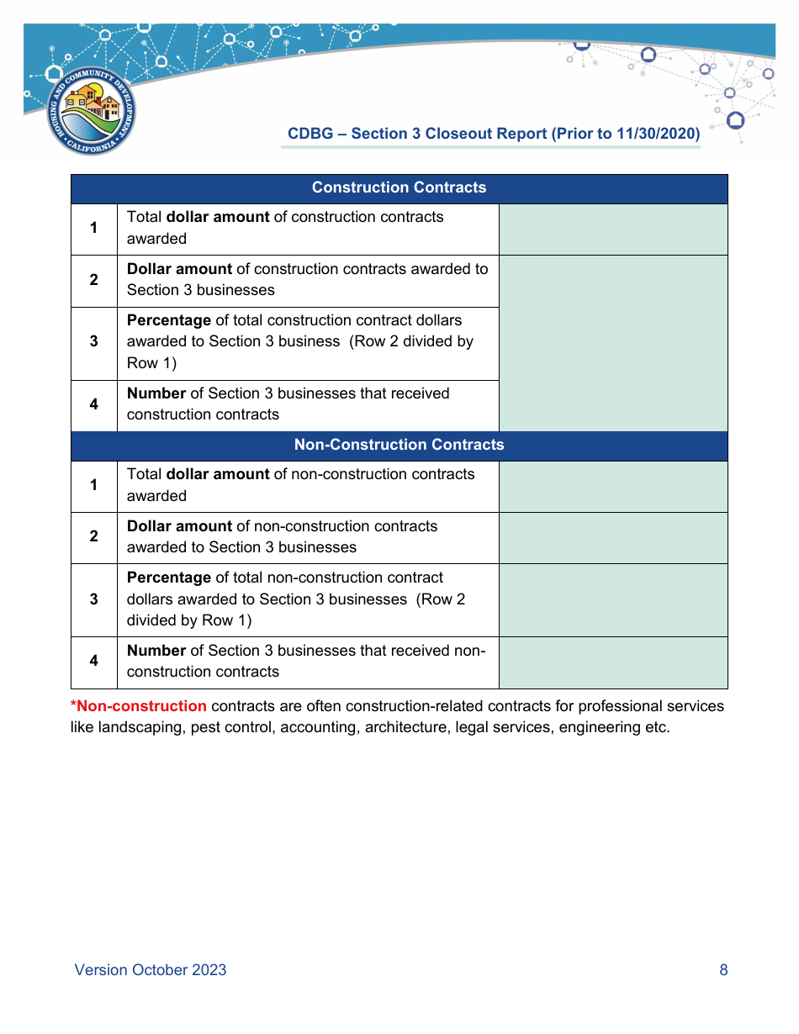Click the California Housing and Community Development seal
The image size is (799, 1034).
point(91,111)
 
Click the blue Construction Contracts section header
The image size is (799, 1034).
point(399,188)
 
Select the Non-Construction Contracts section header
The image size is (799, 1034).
point(399,446)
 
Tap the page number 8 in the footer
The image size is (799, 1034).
point(723,970)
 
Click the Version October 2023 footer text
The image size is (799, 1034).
point(151,970)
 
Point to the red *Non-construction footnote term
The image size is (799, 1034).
point(139,706)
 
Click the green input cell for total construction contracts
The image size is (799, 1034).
point(613,229)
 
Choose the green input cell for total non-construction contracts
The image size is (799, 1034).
point(613,486)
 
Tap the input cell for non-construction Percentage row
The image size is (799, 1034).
point(613,599)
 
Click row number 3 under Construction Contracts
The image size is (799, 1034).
point(94,342)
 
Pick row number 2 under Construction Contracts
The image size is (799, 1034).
point(94,280)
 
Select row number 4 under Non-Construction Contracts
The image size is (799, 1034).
point(94,662)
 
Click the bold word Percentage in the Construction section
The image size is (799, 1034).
point(169,320)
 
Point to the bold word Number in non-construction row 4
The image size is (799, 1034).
point(156,651)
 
